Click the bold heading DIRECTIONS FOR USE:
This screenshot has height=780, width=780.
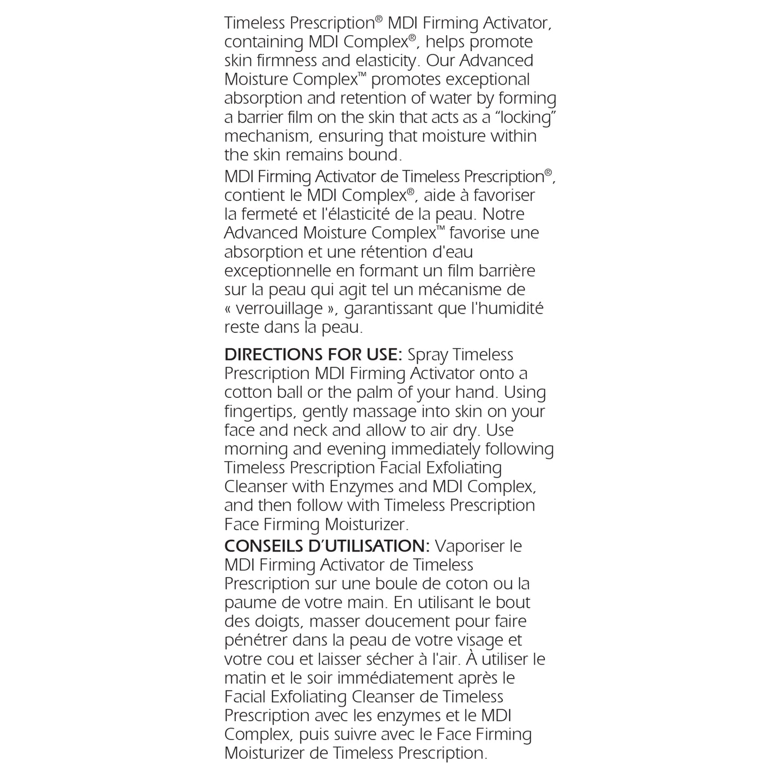[313, 355]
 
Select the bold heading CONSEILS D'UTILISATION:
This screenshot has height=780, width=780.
[327, 546]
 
